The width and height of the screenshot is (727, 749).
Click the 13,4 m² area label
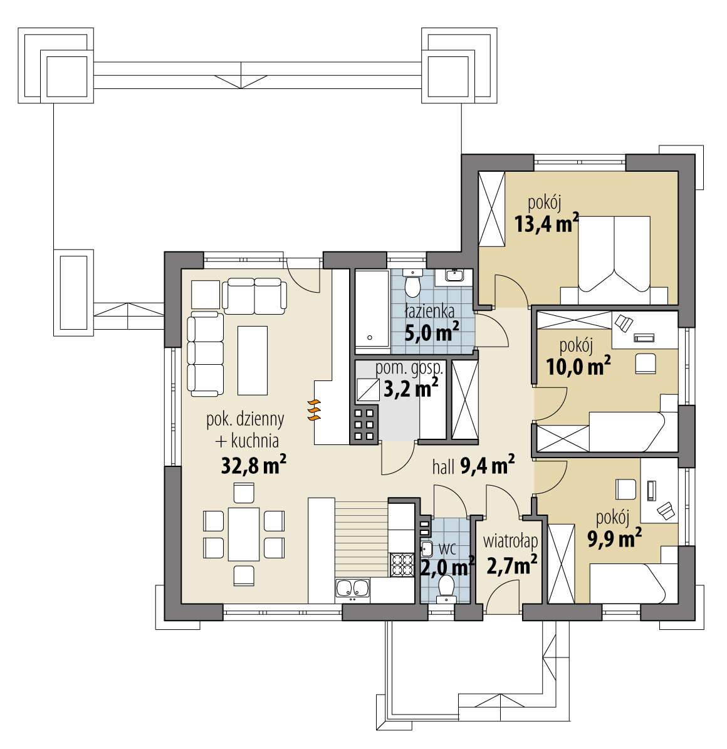547,223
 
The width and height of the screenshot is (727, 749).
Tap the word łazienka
429,312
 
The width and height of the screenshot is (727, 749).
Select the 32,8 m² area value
254,465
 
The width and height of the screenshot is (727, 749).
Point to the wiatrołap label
510,541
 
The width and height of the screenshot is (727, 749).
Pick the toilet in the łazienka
412,282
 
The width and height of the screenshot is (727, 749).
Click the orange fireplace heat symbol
313,410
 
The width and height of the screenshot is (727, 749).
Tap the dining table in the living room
244,534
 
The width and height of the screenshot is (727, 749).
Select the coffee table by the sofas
252,360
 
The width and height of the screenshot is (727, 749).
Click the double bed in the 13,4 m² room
614,260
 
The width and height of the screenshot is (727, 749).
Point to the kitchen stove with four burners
402,565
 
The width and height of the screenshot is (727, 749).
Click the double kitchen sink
352,589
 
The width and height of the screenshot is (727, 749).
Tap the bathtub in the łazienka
372,308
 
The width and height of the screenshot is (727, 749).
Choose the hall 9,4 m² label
473,466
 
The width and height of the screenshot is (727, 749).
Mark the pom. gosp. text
409,369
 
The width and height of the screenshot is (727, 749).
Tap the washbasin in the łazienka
454,275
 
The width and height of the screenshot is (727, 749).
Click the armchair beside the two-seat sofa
206,295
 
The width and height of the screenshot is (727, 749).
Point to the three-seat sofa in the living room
206,354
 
